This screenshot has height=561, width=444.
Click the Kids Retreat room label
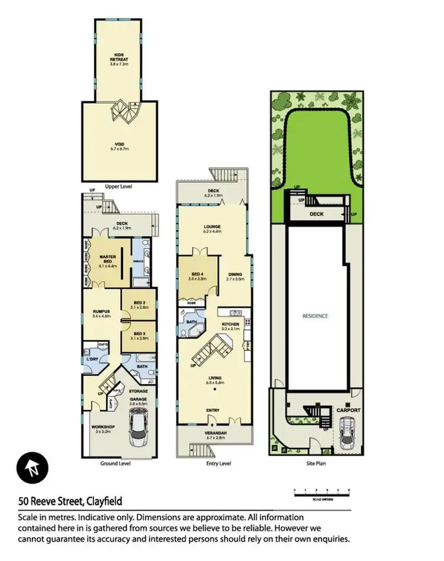[123, 60]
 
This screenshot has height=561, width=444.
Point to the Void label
[123, 146]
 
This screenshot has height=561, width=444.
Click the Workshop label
[102, 428]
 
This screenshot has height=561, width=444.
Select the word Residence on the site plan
[316, 316]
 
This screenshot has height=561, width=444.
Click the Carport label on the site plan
[348, 410]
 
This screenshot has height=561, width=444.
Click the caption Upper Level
[118, 186]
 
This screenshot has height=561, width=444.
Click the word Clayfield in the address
[102, 502]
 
